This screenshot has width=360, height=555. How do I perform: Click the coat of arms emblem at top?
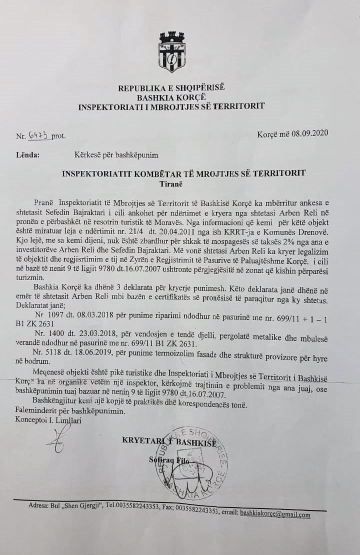pos(171,52)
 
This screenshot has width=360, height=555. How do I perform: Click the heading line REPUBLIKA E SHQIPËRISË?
pos(171,88)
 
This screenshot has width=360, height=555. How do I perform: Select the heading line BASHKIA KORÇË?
pos(171,97)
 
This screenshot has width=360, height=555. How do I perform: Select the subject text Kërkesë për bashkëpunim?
pos(116,155)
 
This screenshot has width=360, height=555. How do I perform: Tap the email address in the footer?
pos(274,514)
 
